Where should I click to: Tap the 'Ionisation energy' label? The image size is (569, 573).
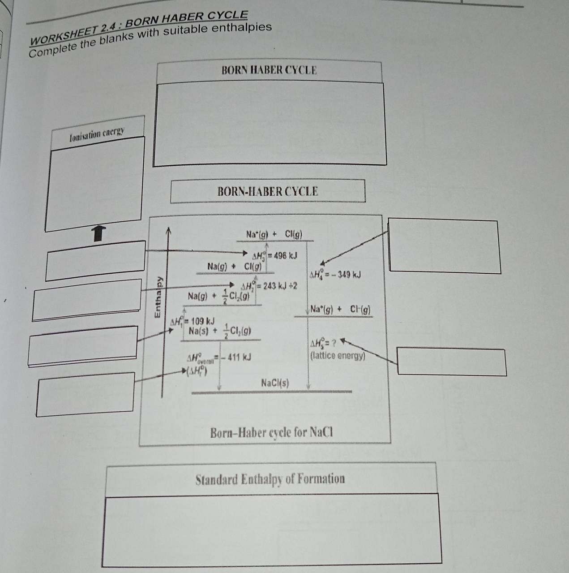pos(97,134)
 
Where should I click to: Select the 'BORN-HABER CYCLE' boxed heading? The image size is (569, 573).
pos(268,191)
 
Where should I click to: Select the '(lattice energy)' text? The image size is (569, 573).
pos(338,356)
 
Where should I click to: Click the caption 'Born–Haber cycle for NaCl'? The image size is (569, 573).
pos(272,433)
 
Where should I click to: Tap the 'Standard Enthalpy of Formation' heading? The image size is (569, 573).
pos(270,479)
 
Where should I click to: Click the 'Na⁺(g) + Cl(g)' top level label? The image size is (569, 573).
pos(274,234)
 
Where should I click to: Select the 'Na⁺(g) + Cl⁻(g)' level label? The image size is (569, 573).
pos(340,309)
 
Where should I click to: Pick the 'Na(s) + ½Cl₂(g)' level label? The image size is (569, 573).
pos(219,331)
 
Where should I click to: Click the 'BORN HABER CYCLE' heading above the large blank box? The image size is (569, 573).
pos(269,70)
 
